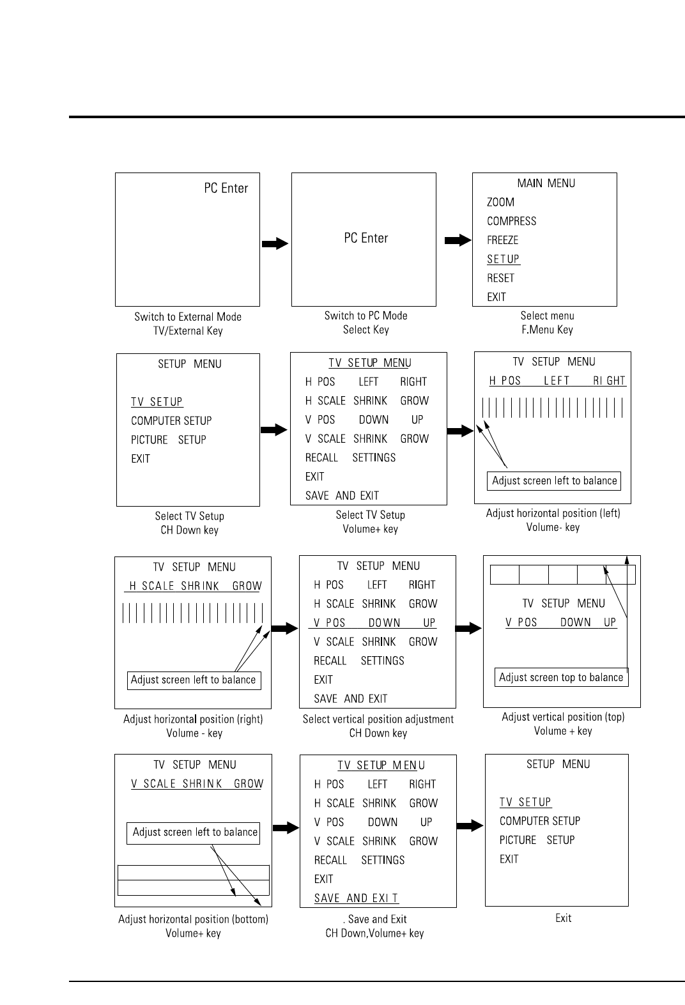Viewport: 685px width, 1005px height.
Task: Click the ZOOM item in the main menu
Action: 500,203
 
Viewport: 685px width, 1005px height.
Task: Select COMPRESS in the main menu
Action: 511,222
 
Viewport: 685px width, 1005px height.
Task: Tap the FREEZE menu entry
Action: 502,241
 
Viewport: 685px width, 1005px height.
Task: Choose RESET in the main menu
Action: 500,279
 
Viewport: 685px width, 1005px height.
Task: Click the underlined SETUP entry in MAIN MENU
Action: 503,259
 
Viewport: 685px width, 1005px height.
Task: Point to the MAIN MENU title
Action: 546,183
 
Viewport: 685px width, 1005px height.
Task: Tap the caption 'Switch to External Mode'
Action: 188,317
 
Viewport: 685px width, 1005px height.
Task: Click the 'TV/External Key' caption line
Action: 188,331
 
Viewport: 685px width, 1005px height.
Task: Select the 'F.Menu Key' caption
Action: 547,330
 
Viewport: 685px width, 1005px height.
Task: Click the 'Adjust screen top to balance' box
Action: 561,678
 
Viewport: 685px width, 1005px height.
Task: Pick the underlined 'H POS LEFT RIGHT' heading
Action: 557,381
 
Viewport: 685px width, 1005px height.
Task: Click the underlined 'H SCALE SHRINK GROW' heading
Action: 196,586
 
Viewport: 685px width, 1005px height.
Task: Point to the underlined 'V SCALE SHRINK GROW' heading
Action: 197,784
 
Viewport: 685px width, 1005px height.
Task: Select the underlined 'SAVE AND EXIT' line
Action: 356,898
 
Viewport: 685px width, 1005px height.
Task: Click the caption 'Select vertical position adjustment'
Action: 378,719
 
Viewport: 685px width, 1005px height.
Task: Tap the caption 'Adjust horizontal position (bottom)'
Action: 193,919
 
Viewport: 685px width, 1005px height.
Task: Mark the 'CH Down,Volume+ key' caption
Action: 374,933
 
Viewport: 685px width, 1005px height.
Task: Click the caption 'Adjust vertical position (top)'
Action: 563,717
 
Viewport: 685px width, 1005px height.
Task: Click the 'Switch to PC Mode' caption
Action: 366,316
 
